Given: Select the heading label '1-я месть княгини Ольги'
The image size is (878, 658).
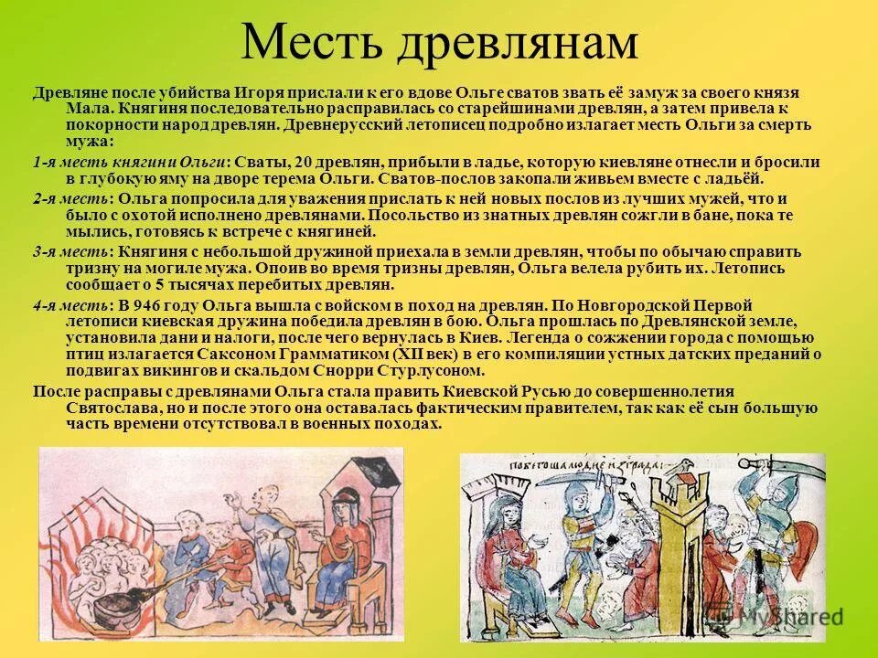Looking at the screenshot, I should tap(130, 162).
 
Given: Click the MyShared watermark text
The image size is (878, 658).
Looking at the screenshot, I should tap(792, 617).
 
